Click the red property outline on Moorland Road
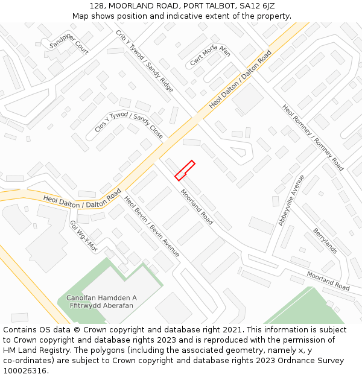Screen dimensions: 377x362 coord(185,170)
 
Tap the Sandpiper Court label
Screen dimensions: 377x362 coord(69,44)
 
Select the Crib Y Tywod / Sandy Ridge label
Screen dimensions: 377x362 coord(144,61)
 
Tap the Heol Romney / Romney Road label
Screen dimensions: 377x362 coord(313,137)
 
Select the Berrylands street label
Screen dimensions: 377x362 coord(325,241)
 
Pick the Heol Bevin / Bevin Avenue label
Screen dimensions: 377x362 coord(151,226)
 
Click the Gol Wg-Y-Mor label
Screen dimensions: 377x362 coord(83,235)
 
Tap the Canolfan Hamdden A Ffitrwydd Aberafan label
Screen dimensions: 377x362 coord(101,302)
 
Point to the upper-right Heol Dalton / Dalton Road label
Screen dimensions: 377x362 coord(241,79)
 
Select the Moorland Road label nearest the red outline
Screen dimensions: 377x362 coord(197,207)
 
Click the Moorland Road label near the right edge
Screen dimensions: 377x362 coord(328,280)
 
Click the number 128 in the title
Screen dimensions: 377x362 coord(96,5)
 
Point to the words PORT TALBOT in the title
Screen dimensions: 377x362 coord(196,5)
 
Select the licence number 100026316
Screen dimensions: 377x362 coord(25,370)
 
